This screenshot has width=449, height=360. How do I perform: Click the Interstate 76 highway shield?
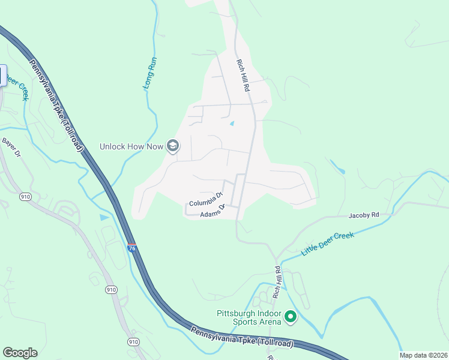tap(131, 247)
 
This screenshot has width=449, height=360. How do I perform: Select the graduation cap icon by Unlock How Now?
tap(173, 146)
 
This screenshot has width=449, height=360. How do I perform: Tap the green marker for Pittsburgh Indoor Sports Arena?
tap(291, 316)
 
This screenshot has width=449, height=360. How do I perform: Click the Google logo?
tap(20, 352)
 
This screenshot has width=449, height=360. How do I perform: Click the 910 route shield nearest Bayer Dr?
tap(26, 196)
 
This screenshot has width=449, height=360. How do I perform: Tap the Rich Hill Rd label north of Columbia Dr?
tap(242, 75)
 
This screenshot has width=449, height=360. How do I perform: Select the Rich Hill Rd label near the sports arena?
tap(277, 283)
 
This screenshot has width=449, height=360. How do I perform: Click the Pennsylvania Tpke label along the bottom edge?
tap(242, 337)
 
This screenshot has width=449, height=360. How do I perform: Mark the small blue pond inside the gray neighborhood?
tap(232, 124)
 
